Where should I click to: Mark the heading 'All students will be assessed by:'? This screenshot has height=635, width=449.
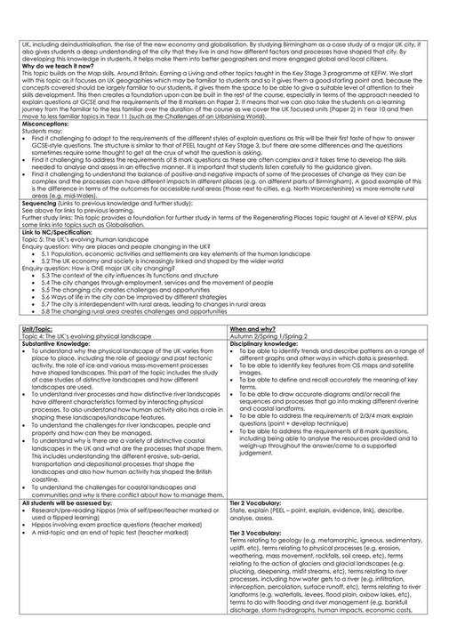(53, 502)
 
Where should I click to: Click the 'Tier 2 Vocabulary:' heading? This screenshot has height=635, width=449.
(256, 502)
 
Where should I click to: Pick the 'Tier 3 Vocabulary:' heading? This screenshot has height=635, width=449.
(256, 531)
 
